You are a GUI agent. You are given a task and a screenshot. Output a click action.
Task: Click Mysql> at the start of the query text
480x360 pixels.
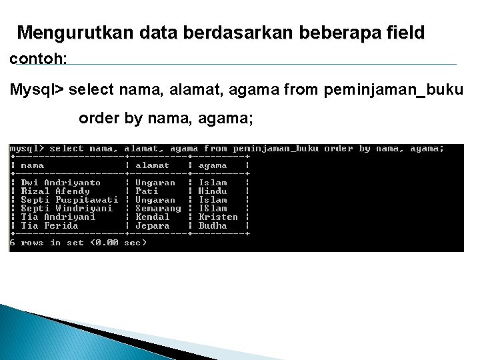click(x=37, y=89)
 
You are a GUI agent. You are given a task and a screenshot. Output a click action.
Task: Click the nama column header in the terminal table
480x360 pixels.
click(x=32, y=165)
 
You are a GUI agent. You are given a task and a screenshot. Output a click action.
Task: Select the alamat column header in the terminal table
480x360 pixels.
click(x=152, y=165)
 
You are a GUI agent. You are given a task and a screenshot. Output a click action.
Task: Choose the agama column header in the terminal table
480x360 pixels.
click(x=213, y=165)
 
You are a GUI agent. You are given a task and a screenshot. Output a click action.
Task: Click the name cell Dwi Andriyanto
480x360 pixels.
click(x=61, y=183)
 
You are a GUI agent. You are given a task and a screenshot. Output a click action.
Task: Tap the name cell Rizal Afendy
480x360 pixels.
click(x=55, y=191)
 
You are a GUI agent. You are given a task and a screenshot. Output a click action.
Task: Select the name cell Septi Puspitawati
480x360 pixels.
click(x=69, y=200)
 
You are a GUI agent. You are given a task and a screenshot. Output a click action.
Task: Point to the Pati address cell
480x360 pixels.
click(x=147, y=191)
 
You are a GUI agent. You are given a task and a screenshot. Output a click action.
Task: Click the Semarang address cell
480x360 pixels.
click(x=158, y=209)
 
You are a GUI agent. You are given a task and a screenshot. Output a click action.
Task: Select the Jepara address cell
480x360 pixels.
click(x=152, y=226)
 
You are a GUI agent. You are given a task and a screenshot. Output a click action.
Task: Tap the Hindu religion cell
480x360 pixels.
click(x=213, y=191)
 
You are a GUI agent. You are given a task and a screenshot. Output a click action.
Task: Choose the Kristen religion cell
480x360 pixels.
click(x=218, y=217)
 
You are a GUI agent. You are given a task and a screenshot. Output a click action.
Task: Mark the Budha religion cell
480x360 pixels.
click(x=213, y=226)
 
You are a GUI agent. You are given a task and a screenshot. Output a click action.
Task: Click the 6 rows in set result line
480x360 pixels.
click(x=77, y=243)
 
